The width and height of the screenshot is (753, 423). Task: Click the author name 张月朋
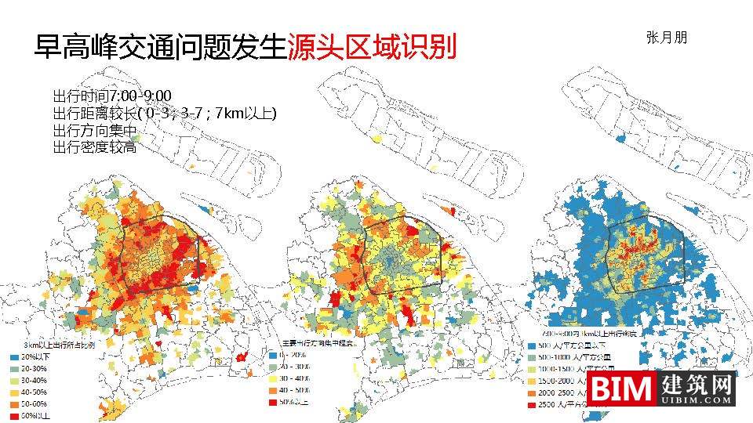click(666, 37)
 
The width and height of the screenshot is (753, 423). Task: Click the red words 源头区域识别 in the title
click(371, 47)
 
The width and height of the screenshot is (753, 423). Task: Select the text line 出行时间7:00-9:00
click(112, 96)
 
